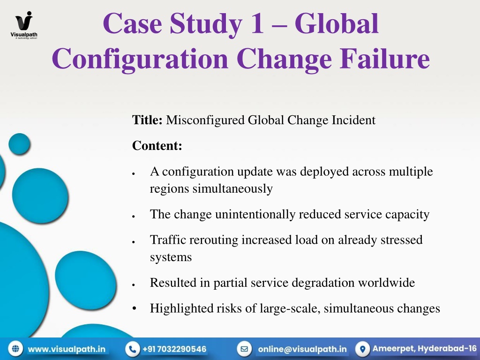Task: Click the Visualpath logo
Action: coord(24,25)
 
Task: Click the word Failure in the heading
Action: coord(384,59)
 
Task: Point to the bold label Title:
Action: coord(147,120)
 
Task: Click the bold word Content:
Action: coord(157,146)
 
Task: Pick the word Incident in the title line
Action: coord(353,120)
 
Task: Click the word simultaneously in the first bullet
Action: coord(232,189)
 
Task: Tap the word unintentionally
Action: coord(255,215)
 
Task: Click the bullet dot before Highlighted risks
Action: coord(134,308)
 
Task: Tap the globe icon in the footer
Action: coord(15,349)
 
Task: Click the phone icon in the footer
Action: coord(133,349)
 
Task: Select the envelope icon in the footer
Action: coord(244,349)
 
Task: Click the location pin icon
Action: coord(362,349)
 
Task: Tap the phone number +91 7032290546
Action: coord(174,349)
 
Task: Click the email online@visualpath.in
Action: coord(302,349)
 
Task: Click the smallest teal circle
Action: coord(19,144)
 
